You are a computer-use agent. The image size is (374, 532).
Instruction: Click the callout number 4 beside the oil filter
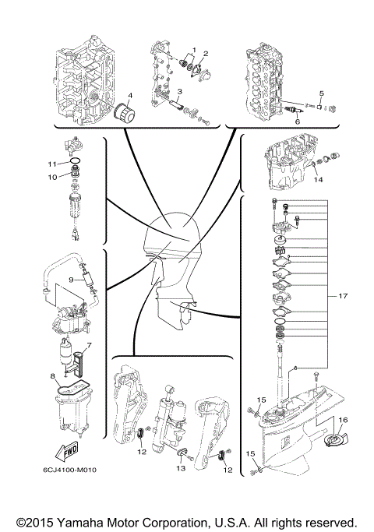tap(130, 97)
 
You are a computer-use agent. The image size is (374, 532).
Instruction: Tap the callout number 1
tap(195, 50)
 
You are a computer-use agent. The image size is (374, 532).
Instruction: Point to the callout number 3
tap(180, 91)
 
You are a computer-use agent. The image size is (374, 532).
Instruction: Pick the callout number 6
tap(296, 121)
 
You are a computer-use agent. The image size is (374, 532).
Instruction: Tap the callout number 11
tap(51, 164)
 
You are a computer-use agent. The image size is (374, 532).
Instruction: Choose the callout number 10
tap(51, 177)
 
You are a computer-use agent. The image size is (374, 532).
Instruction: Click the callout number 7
tap(90, 345)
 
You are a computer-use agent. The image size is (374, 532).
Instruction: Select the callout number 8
tap(53, 376)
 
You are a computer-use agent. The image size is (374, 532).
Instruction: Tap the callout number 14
tap(318, 179)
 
